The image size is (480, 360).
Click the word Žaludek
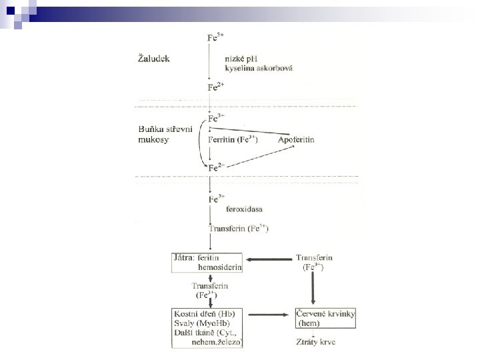tap(153, 59)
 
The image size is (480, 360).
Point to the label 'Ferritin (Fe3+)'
tap(233, 140)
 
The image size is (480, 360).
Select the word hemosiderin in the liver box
tap(220, 267)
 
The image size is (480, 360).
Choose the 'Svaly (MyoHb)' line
tap(198, 323)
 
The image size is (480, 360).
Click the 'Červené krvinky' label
tap(324, 313)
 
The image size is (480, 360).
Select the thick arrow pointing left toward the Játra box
tap(269, 260)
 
